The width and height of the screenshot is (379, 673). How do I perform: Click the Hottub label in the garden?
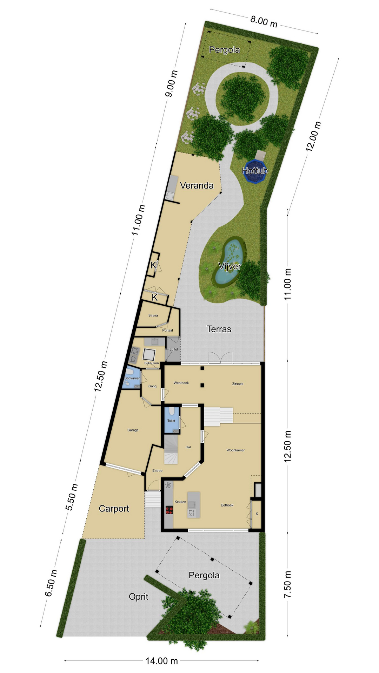click(255, 171)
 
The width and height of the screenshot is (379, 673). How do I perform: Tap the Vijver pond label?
click(230, 266)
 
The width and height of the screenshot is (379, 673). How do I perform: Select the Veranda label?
click(197, 185)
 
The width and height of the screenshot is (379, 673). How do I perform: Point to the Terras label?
click(219, 329)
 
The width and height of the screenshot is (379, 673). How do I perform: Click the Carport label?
click(114, 509)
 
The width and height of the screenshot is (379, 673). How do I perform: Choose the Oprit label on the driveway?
click(139, 597)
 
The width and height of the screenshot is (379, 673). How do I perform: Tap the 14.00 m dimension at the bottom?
click(162, 661)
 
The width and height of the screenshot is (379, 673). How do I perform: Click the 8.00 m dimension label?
click(264, 21)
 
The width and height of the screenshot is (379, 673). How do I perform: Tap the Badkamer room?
click(131, 378)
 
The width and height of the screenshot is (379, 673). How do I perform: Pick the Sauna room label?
click(153, 315)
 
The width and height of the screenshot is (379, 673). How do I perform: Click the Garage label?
click(133, 430)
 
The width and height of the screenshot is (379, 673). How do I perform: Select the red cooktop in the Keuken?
click(169, 510)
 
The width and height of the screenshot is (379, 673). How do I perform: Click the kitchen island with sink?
click(194, 505)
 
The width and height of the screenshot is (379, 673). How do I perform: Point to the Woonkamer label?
click(235, 450)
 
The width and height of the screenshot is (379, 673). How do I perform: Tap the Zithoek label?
click(238, 384)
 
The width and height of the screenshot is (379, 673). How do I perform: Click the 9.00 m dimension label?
click(172, 84)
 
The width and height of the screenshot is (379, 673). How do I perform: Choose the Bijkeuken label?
click(152, 363)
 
